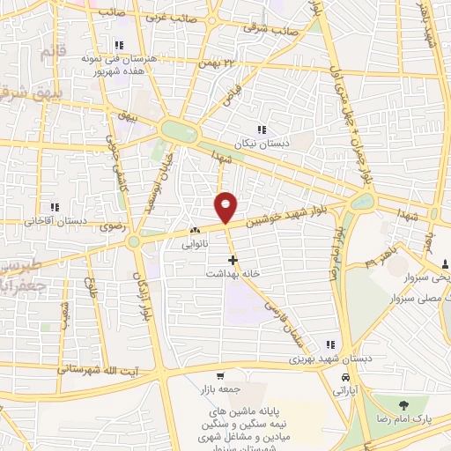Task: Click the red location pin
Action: click(226, 206)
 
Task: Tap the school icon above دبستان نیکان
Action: click(262, 130)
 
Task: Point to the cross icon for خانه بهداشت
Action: click(233, 261)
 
